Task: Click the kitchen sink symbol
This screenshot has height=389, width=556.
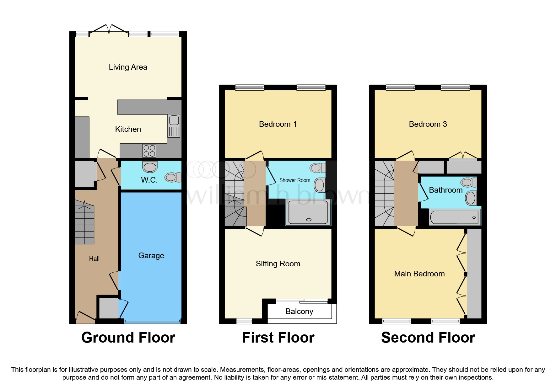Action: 174,125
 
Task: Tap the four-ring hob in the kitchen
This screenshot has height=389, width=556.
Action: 149,151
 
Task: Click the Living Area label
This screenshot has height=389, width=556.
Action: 128,67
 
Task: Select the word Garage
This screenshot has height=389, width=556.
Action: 151,256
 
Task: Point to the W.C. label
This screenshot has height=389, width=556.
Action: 149,180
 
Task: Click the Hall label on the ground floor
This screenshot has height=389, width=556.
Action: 94,259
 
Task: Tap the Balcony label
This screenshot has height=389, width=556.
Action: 299,312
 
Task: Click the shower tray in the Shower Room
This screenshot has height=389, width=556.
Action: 308,212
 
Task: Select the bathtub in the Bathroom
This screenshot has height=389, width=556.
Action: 454,217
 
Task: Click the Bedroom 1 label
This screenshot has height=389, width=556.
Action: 278,124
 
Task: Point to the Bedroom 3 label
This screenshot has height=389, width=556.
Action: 428,124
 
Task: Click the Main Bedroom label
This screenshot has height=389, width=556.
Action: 419,274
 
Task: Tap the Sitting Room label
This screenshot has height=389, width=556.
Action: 278,264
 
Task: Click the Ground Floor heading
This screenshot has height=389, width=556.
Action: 128,338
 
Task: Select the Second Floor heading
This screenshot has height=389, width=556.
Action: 428,338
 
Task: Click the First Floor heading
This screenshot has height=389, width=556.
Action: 278,338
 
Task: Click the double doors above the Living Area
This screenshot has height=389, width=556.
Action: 109,29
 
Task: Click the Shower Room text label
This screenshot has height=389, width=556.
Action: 294,180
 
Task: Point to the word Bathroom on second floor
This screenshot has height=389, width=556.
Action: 445,190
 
